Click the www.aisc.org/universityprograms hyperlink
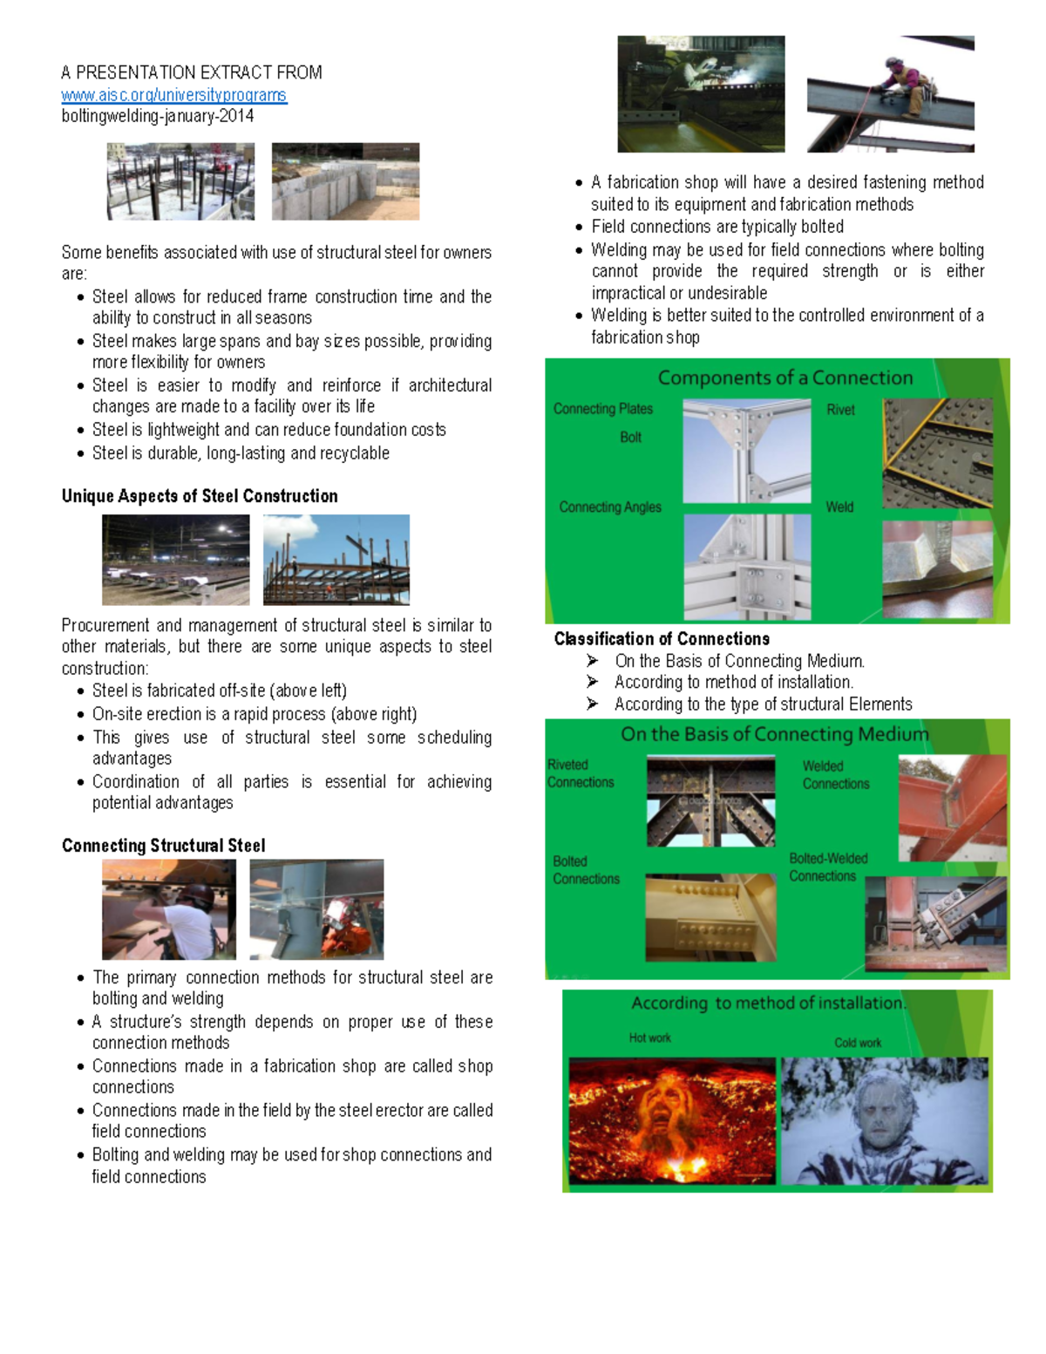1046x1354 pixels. (173, 95)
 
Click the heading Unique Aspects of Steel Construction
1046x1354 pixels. (200, 496)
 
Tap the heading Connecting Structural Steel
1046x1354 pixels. (163, 846)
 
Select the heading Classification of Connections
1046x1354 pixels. (662, 639)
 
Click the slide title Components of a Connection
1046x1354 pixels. (784, 378)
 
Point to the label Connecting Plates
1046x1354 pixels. (602, 409)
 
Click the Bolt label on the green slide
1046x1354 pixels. (630, 438)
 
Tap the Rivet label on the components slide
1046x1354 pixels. (840, 410)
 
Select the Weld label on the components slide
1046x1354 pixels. (839, 507)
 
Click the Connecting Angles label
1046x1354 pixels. (609, 507)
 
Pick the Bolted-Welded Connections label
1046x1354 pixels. (827, 868)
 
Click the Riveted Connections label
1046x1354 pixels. (580, 774)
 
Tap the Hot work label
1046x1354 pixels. (649, 1038)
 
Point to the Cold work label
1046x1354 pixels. (858, 1043)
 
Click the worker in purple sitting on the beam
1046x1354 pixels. (906, 85)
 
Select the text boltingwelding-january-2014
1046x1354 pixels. (157, 116)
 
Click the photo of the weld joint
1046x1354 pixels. (937, 568)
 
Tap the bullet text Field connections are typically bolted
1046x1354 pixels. (717, 227)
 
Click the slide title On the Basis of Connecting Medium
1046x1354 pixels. (774, 734)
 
